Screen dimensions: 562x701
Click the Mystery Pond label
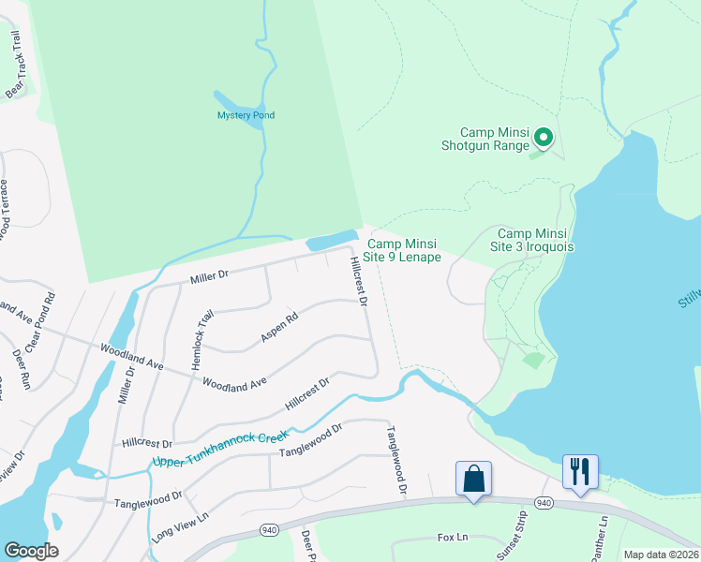coord(246,115)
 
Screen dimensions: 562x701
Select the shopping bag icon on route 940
coord(474,479)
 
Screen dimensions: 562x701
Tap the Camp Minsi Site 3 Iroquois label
coord(535,240)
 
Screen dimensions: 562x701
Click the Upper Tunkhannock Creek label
coord(218,450)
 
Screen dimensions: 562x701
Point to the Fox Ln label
coord(452,538)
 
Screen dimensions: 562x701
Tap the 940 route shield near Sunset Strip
coord(544,503)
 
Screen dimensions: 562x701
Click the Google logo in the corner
coord(32,550)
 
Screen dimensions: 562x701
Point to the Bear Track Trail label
coord(15,63)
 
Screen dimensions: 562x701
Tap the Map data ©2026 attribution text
coord(661,555)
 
